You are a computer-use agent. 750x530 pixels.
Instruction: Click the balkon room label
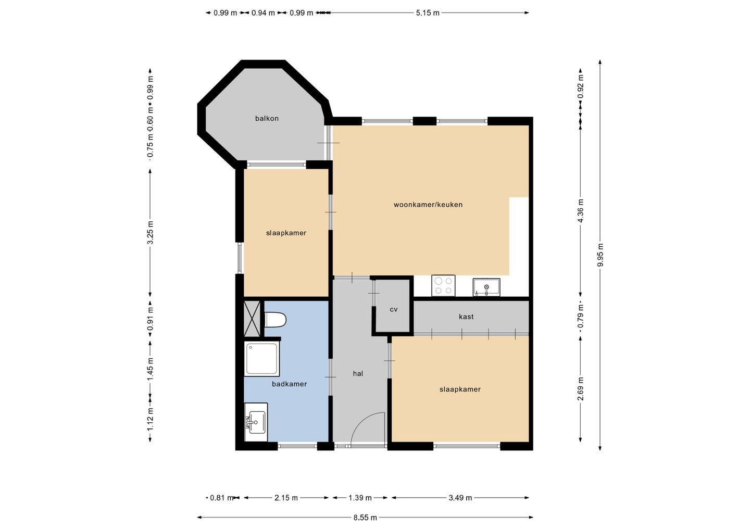point(267,119)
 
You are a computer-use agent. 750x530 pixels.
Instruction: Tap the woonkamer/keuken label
point(428,205)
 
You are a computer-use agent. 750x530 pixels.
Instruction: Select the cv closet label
point(393,309)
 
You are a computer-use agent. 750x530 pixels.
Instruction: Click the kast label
point(466,317)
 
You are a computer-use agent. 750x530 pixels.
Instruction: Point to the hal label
point(358,373)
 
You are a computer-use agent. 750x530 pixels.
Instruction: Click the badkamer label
point(289,384)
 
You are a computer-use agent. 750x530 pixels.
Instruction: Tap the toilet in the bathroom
point(275,320)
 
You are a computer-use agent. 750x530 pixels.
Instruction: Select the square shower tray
point(262,359)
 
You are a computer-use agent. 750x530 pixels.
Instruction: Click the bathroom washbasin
point(256,422)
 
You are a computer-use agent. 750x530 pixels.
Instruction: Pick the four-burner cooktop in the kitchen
point(443,285)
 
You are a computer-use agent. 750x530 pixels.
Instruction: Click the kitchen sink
point(486,287)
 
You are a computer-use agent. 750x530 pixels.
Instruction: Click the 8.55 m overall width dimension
point(365,518)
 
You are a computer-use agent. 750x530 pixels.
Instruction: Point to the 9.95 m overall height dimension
point(600,255)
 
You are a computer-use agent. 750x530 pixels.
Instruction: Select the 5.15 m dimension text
point(428,13)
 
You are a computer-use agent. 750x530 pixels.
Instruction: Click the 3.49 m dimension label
point(460,498)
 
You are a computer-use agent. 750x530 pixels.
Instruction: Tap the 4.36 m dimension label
point(581,210)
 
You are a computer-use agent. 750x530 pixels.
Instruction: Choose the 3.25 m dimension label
point(151,233)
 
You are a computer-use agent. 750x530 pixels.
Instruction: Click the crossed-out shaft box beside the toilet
point(252,319)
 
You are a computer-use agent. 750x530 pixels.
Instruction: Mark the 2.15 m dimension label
point(286,498)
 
